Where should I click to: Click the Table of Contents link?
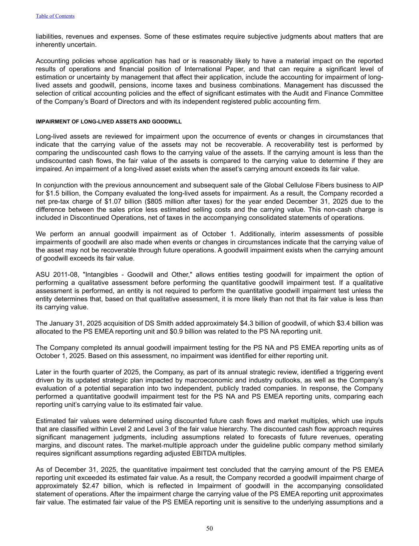(x=55, y=16)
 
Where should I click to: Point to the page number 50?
(x=209, y=528)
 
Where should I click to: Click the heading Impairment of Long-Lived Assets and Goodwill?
(x=108, y=122)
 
